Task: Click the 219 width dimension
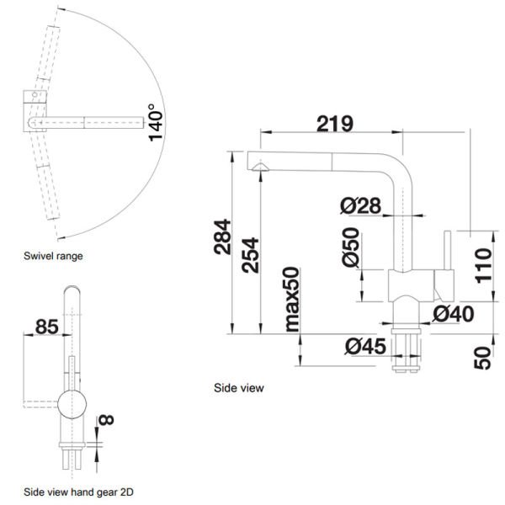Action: coord(334,123)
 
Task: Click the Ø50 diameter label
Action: coord(351,250)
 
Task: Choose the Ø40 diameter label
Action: coord(454,315)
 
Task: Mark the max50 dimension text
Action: coord(292,300)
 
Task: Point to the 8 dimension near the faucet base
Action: coord(104,417)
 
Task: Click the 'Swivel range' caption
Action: coord(53,255)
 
